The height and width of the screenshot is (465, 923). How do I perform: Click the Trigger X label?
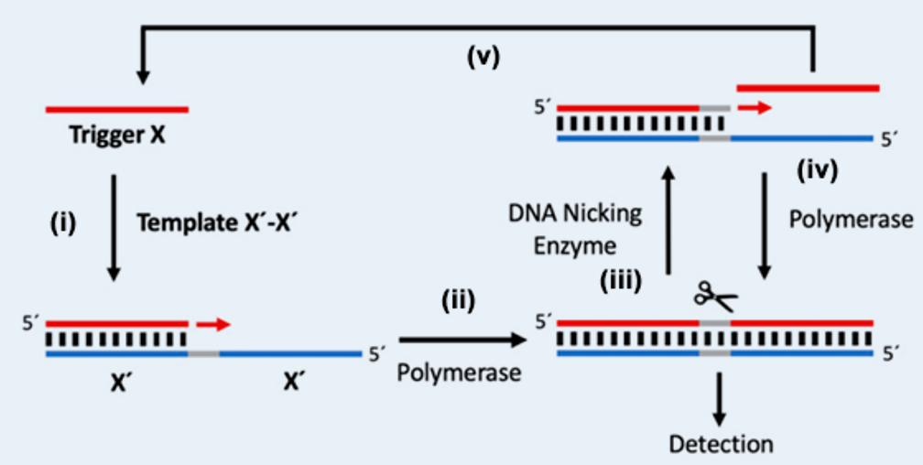click(x=116, y=136)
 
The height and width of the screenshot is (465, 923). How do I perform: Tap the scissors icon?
click(x=714, y=295)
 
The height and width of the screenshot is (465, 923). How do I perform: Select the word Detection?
click(x=721, y=445)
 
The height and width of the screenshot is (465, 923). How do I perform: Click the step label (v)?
click(x=483, y=59)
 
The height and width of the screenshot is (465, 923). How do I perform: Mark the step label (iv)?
click(x=817, y=168)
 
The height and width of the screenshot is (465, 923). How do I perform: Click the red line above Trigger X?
click(x=116, y=110)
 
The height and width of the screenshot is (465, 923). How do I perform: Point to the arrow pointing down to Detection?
click(x=719, y=394)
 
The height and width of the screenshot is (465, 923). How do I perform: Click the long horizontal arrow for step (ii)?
click(x=462, y=340)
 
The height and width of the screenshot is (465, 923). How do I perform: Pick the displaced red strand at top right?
click(x=808, y=89)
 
